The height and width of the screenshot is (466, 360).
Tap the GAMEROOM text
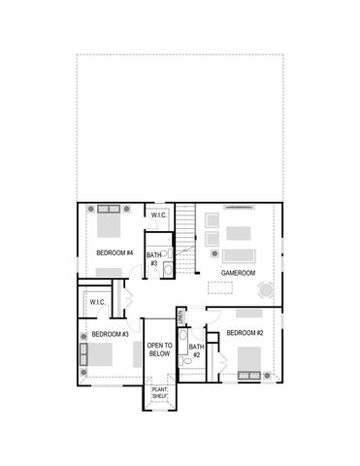click(238, 274)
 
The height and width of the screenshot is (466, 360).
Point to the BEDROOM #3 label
click(110, 335)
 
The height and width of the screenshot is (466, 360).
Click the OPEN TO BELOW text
click(160, 350)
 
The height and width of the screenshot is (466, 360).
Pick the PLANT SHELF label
click(159, 393)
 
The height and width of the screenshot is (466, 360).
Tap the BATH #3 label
click(153, 259)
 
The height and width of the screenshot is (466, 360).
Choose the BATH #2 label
click(195, 351)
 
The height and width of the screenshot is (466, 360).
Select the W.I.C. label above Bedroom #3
click(97, 302)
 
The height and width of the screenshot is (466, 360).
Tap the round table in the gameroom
click(265, 289)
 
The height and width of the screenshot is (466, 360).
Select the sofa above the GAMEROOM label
click(238, 255)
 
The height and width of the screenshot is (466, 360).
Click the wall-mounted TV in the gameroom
click(239, 207)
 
